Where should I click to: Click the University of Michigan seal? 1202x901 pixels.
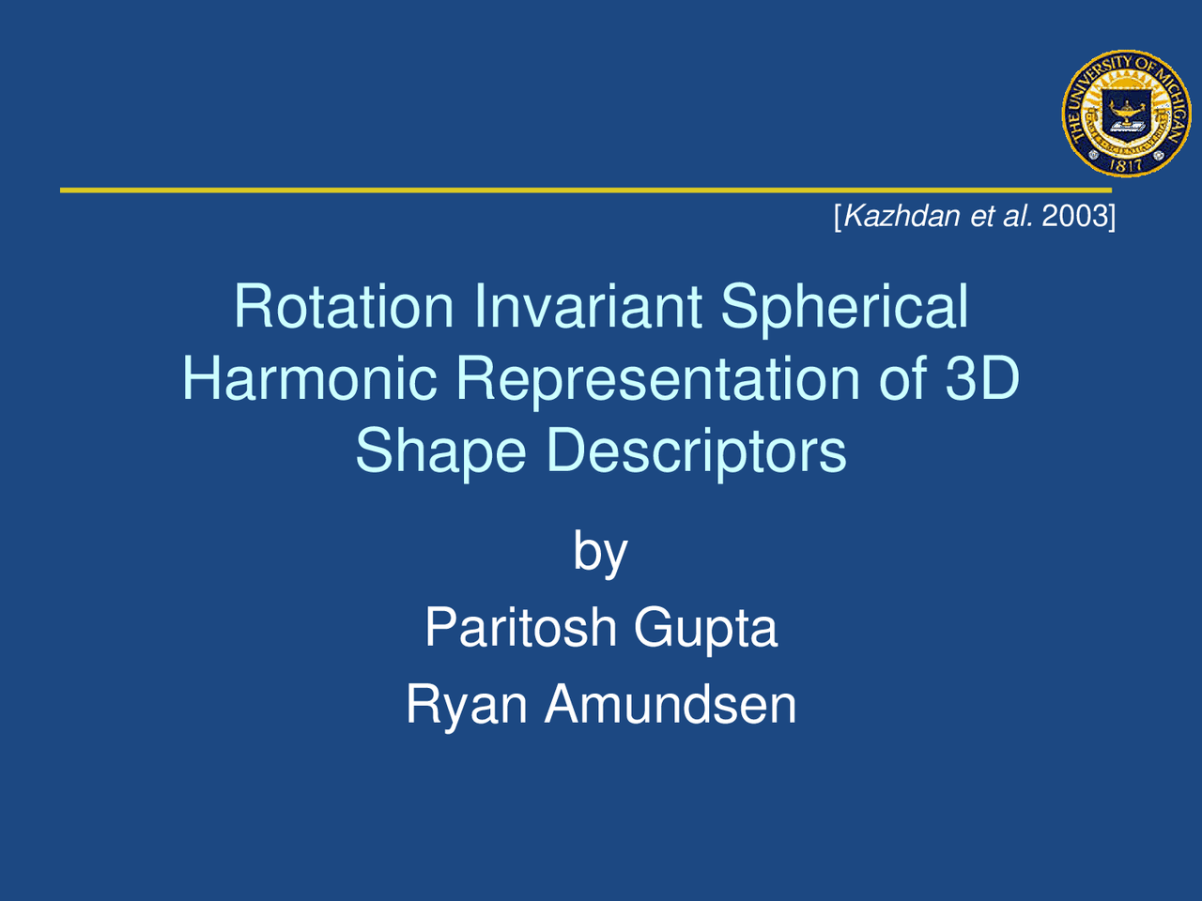1126,114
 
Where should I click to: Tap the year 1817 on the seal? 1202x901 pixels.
1126,164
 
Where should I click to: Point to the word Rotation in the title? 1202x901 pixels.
344,306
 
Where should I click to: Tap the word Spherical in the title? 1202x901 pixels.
844,308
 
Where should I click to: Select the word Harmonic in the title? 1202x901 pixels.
309,378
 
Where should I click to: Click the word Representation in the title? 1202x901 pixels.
657,380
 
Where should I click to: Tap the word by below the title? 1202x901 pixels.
600,552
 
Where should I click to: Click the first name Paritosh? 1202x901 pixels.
520,627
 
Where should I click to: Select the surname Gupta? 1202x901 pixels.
705,629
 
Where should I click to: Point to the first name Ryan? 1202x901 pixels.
466,705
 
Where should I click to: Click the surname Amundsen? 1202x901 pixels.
670,704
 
